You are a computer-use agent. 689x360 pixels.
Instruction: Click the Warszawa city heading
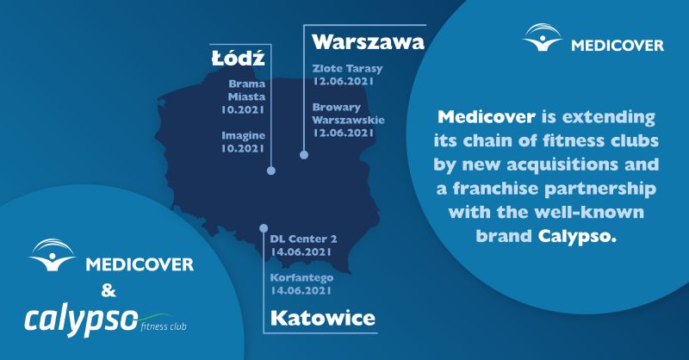click(369, 42)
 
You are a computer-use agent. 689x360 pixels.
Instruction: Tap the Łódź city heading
click(239, 58)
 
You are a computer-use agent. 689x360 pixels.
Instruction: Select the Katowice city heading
click(323, 318)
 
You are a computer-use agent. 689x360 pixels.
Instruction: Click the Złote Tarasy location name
click(348, 69)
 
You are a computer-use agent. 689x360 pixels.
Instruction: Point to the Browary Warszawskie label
click(349, 114)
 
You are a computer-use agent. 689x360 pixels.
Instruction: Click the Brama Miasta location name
click(246, 90)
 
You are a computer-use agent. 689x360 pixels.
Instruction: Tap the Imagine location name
click(243, 136)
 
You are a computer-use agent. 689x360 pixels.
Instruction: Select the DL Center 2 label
click(304, 239)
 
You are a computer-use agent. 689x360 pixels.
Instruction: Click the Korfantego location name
click(302, 278)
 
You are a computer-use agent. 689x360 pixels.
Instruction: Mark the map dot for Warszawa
click(304, 155)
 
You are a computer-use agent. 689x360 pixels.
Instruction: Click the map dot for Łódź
click(271, 171)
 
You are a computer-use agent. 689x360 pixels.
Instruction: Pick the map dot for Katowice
click(264, 228)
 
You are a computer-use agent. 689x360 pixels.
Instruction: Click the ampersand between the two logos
click(109, 290)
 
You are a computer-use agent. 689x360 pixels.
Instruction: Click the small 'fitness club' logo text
click(164, 326)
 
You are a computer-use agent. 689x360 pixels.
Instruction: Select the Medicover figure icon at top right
click(543, 37)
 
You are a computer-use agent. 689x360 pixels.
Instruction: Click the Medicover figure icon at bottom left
click(53, 255)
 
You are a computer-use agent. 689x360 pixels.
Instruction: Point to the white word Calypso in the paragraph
click(577, 237)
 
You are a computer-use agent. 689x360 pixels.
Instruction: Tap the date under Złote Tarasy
click(343, 81)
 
